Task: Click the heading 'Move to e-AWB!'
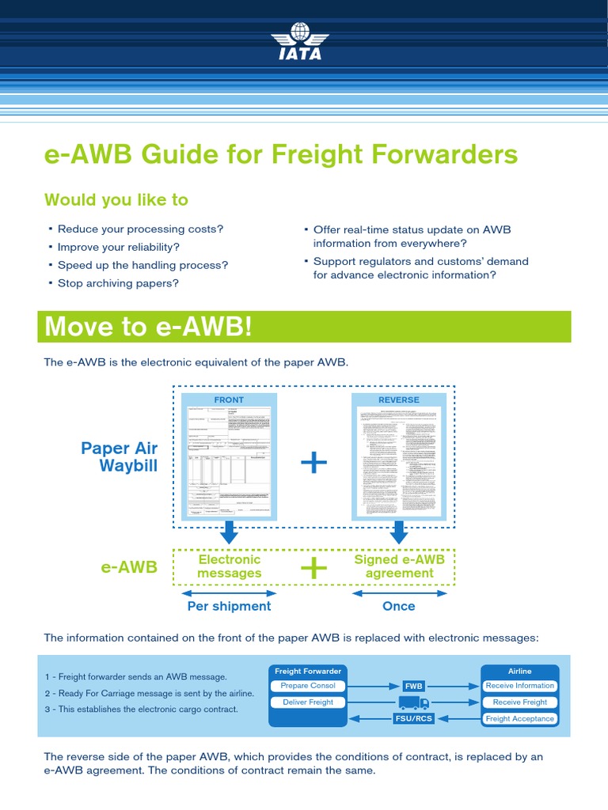pyautogui.click(x=149, y=326)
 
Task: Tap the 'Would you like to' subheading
pyautogui.click(x=116, y=199)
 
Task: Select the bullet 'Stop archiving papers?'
pyautogui.click(x=118, y=282)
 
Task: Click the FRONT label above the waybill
pyautogui.click(x=229, y=399)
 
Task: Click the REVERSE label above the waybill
pyautogui.click(x=399, y=399)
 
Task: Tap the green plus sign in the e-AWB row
pyautogui.click(x=314, y=566)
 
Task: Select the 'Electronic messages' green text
pyautogui.click(x=229, y=566)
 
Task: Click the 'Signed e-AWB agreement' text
pyautogui.click(x=399, y=566)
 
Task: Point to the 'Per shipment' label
pyautogui.click(x=229, y=606)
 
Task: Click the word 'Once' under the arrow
pyautogui.click(x=399, y=606)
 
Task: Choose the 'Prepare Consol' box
pyautogui.click(x=308, y=686)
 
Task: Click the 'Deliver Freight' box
pyautogui.click(x=308, y=702)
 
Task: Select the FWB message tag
pyautogui.click(x=414, y=686)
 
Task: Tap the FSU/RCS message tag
pyautogui.click(x=414, y=719)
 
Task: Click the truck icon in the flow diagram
pyautogui.click(x=414, y=702)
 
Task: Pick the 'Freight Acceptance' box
pyautogui.click(x=520, y=719)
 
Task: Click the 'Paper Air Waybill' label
pyautogui.click(x=119, y=457)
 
